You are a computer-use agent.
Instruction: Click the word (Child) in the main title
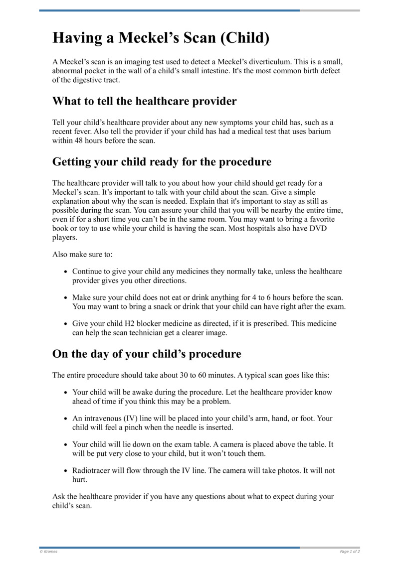point(239,38)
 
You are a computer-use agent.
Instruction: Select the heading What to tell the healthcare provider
point(144,101)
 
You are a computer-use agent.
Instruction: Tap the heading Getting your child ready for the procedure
point(162,162)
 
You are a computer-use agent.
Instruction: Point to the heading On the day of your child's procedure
point(147,354)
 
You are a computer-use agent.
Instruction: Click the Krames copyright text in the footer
point(48,552)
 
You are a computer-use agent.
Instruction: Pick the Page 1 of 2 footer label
point(350,552)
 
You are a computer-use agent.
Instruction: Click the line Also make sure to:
point(82,255)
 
